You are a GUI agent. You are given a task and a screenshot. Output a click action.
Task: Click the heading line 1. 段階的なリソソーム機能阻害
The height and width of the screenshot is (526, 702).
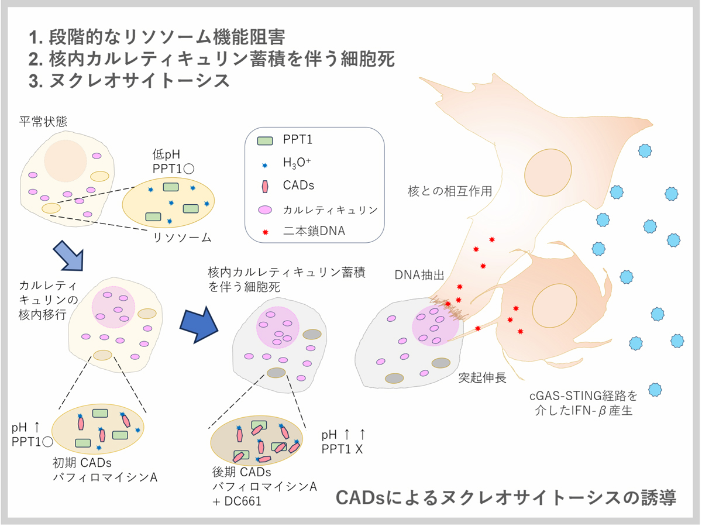pos(156,37)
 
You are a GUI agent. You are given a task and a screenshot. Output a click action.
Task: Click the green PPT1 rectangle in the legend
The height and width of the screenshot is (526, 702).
pos(265,141)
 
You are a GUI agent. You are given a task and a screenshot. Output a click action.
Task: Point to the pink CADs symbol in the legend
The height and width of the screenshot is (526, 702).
pos(265,186)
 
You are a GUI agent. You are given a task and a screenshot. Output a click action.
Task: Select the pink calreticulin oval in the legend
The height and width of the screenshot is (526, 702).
pos(265,209)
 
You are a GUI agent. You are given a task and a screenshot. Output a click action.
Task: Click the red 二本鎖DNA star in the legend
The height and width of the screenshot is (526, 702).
pos(265,232)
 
